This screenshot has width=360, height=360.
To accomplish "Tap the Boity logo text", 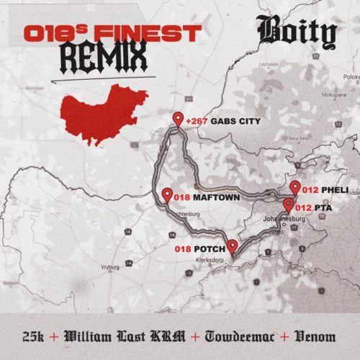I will tap(296, 34).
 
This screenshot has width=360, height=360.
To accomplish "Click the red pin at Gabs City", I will tap(178, 120).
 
